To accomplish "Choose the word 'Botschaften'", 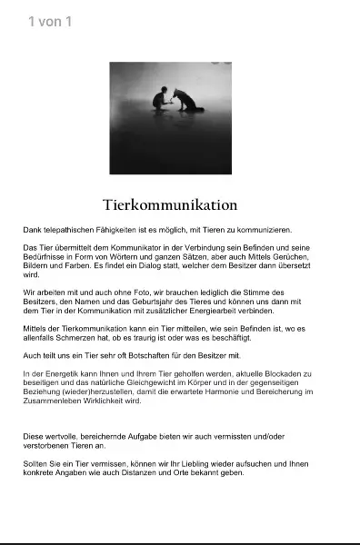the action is (139, 355).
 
